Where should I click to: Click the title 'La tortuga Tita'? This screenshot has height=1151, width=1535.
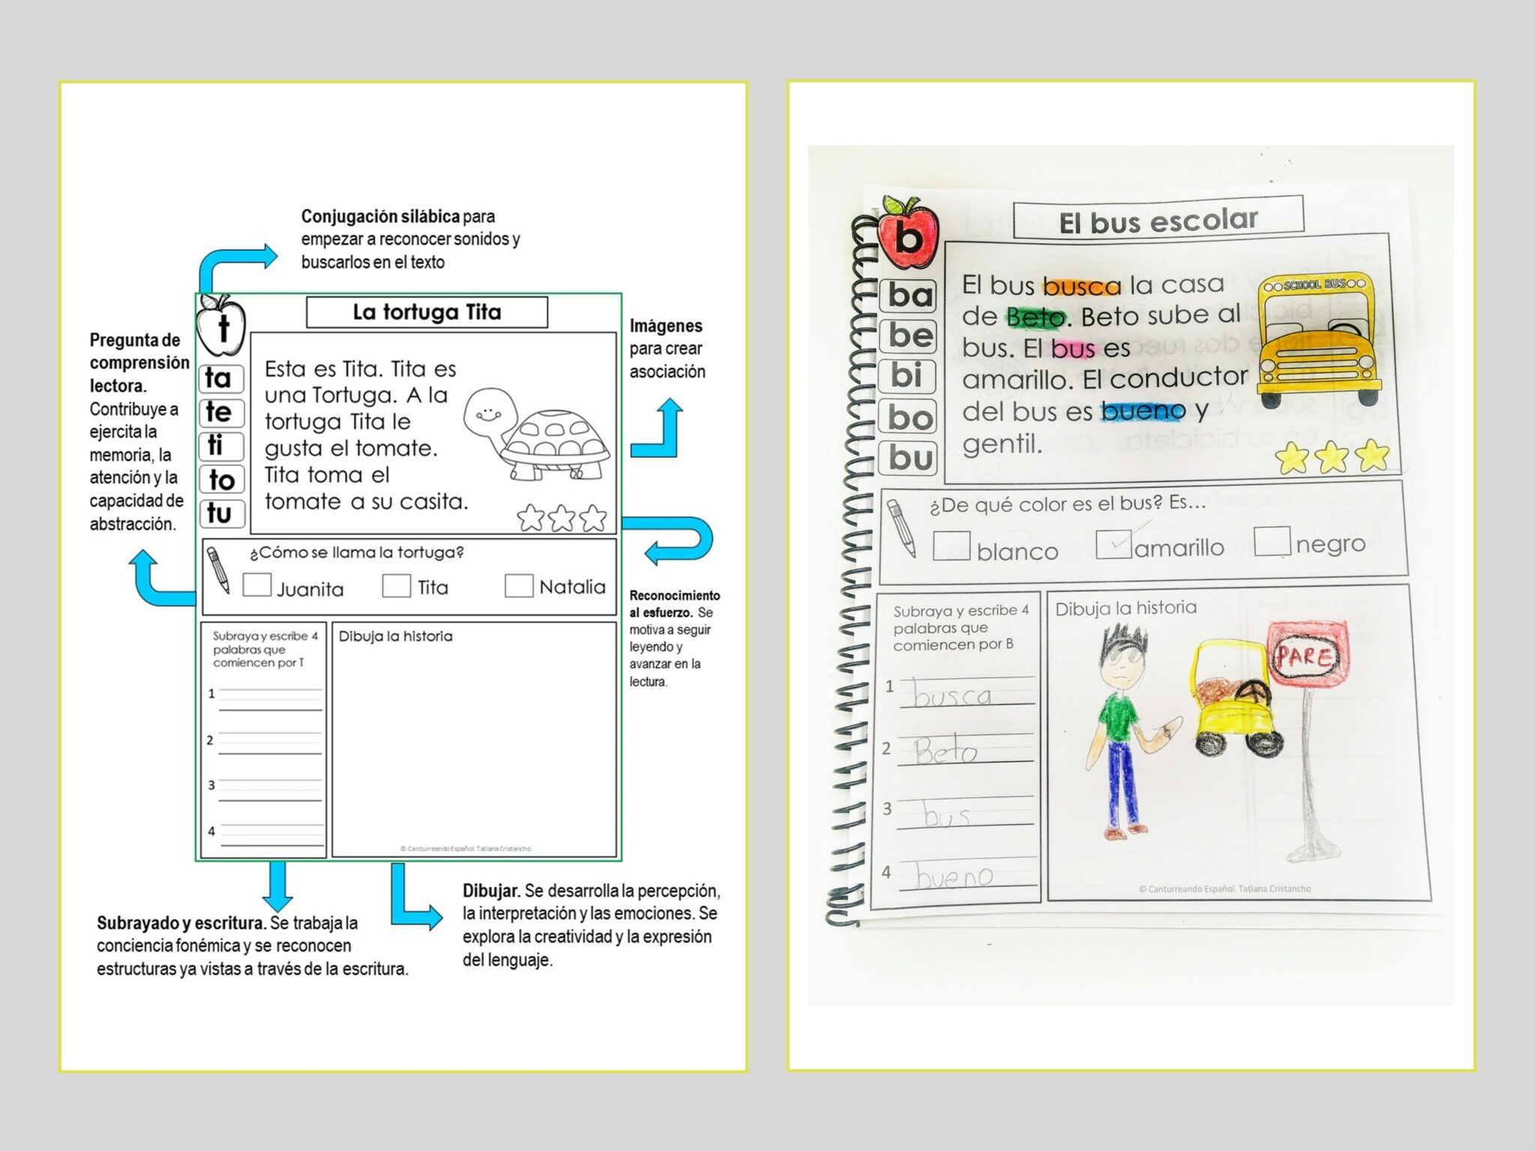pos(426,312)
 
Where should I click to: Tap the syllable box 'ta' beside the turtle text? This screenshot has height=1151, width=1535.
pos(220,378)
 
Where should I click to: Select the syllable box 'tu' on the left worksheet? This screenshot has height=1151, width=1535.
pos(220,513)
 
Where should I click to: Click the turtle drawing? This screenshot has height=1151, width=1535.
pos(537,433)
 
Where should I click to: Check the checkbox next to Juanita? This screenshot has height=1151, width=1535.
pos(257,585)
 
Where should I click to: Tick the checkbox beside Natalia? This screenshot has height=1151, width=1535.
pos(519,585)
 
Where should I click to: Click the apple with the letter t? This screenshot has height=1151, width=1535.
pos(220,325)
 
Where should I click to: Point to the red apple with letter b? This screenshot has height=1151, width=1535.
pos(908,234)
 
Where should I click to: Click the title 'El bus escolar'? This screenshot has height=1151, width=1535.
pos(1158,220)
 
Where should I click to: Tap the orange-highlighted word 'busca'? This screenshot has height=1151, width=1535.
pos(1082,286)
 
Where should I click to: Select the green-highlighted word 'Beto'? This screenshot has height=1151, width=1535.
pos(1036,318)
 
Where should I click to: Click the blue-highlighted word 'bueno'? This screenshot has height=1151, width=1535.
pos(1143,411)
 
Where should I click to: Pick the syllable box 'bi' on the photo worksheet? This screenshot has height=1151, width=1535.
pos(908,375)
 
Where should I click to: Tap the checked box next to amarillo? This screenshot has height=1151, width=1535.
pos(1113,544)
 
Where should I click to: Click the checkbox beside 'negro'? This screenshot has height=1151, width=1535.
pos(1272,541)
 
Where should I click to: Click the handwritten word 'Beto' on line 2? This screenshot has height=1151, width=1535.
pos(946,750)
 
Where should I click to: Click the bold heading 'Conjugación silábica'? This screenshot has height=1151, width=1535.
pos(380,217)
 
